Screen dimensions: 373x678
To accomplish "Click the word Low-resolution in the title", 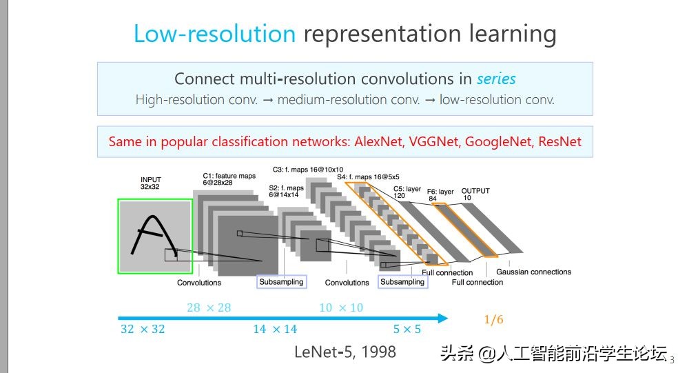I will (214, 34).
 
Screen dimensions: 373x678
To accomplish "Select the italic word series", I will (496, 79).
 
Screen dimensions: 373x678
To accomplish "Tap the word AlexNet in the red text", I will (380, 142).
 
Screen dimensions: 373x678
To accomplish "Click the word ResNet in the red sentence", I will (559, 142).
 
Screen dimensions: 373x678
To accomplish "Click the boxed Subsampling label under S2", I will (280, 282).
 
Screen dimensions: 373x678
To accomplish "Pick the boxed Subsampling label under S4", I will (402, 282).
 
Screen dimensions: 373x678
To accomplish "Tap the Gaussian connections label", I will (533, 272).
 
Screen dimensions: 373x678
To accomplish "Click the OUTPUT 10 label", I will (475, 194).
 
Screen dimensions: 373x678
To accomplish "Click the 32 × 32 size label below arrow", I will (143, 329).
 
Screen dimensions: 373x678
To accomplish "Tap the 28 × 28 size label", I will (209, 308).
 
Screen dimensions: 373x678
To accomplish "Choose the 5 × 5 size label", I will (407, 329).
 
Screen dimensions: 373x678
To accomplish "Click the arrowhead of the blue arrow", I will (441, 318).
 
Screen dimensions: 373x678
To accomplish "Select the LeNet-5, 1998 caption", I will (345, 352).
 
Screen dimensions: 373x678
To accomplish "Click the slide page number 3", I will (672, 359).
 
